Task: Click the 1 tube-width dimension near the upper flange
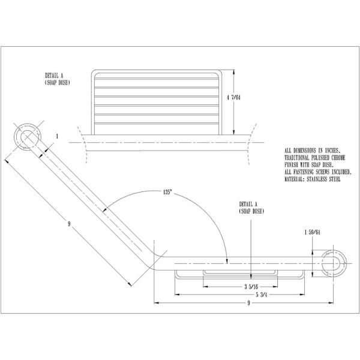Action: coord(56,137)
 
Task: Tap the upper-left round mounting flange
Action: coord(27,137)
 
